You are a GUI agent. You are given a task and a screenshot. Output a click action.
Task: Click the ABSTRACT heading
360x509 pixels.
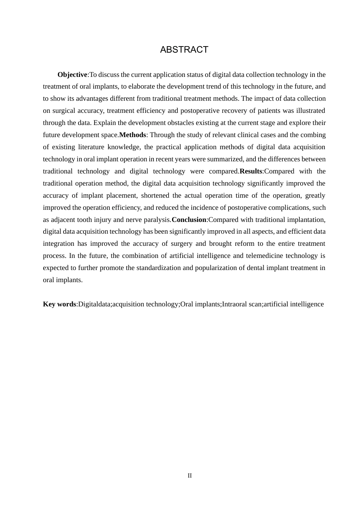(184, 50)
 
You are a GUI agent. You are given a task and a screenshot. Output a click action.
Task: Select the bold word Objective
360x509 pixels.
(72, 75)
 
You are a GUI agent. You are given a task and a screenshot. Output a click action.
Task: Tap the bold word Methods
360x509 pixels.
(133, 135)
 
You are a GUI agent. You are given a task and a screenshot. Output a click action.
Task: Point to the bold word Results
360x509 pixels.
(251, 171)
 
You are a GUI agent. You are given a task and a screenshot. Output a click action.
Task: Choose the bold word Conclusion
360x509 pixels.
(189, 220)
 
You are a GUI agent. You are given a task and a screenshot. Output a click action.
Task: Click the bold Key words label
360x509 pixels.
(59, 304)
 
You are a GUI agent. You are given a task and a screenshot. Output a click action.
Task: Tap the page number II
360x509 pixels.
(189, 476)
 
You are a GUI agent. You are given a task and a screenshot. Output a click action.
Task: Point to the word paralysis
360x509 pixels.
(157, 220)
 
